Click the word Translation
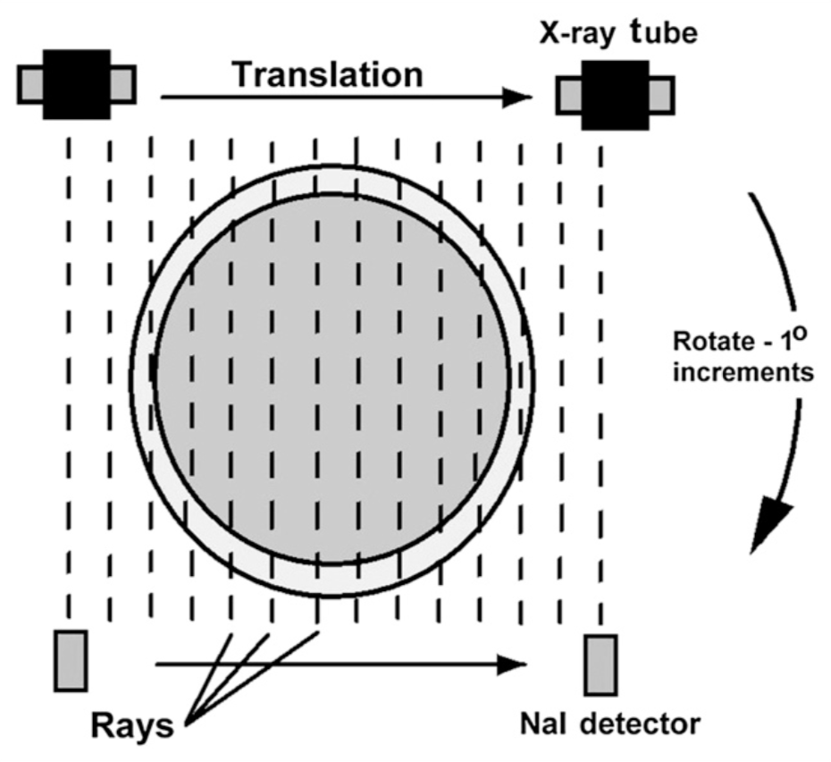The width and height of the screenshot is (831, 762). coord(327,75)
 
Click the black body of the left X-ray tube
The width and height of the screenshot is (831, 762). coord(76,83)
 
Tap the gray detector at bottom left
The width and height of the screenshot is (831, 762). coord(71,660)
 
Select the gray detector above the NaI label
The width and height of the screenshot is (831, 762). coord(601,665)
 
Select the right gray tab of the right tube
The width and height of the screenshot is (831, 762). coord(661,95)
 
